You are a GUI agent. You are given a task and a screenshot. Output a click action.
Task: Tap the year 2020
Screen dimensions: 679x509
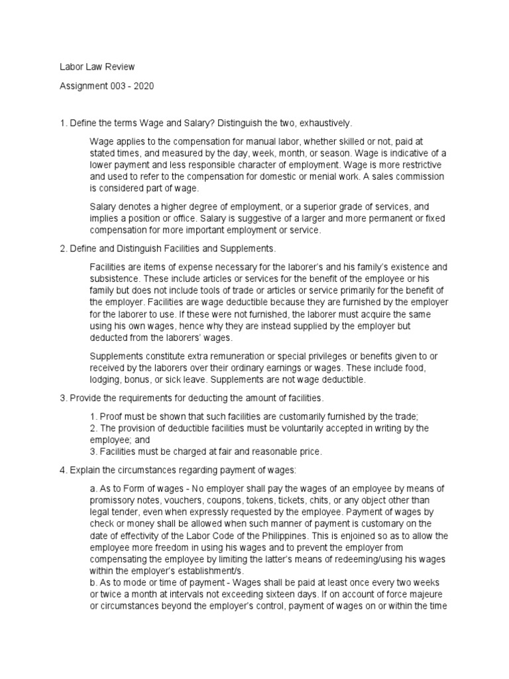[x=142, y=86]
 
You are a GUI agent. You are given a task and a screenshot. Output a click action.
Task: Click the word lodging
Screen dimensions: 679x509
[x=105, y=380]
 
